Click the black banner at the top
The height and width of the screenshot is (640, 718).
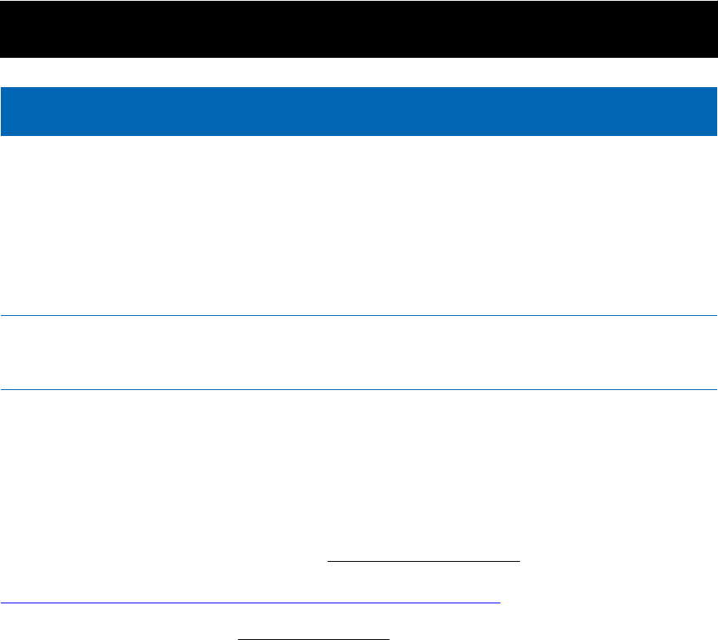pyautogui.click(x=359, y=29)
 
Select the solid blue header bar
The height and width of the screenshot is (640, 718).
pyautogui.click(x=359, y=111)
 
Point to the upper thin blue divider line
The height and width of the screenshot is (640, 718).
pyautogui.click(x=359, y=315)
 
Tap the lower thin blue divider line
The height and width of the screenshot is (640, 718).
pyautogui.click(x=359, y=389)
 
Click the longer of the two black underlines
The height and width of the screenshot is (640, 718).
pyautogui.click(x=423, y=561)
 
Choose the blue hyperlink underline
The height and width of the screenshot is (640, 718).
pyautogui.click(x=249, y=603)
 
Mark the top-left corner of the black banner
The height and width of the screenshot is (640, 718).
pyautogui.click(x=1, y=1)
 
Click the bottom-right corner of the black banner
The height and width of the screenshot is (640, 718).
pyautogui.click(x=716, y=57)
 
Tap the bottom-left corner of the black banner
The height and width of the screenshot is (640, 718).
pyautogui.click(x=1, y=57)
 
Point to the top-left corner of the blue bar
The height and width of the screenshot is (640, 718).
pyautogui.click(x=1, y=87)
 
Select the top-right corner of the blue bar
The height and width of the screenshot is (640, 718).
pyautogui.click(x=716, y=87)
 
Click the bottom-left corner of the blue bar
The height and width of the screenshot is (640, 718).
pyautogui.click(x=1, y=134)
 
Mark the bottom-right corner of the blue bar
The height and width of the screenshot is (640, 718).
pyautogui.click(x=716, y=134)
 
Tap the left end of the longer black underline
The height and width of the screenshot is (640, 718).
pyautogui.click(x=328, y=561)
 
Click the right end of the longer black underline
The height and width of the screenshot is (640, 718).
pyautogui.click(x=519, y=561)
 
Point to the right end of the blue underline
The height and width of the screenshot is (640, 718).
pyautogui.click(x=500, y=603)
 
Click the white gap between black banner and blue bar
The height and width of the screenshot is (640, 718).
pyautogui.click(x=359, y=72)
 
